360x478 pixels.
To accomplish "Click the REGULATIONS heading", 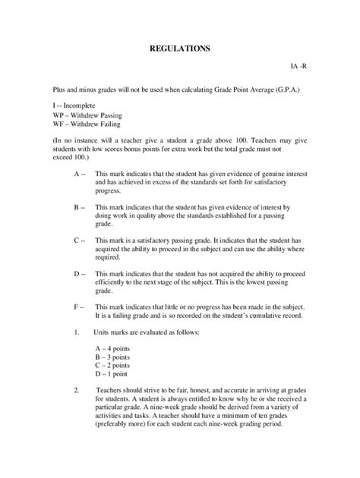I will click(179, 49).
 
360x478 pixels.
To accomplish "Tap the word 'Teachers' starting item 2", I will click(112, 411).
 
